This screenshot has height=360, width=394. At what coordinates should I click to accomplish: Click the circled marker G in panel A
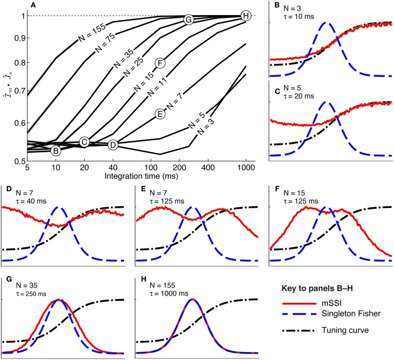coord(189,20)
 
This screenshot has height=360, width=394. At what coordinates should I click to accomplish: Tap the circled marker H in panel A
coord(245,17)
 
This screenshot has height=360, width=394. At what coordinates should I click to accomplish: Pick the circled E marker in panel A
coord(159,114)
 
